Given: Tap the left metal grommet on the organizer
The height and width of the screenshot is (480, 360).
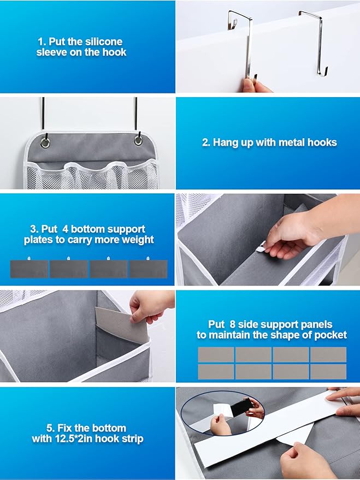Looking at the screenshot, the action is (x=45, y=143).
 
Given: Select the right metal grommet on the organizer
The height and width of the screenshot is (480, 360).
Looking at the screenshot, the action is (x=138, y=140).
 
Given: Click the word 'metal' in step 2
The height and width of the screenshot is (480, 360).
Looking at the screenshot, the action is (x=287, y=143).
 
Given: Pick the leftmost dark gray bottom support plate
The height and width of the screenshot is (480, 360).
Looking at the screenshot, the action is (x=29, y=269).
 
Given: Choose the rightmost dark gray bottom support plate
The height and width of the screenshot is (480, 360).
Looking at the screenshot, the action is (x=149, y=269).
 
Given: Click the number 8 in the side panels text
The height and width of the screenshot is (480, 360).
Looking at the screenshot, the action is (x=233, y=324).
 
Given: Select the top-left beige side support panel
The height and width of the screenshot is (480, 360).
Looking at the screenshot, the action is (x=216, y=354).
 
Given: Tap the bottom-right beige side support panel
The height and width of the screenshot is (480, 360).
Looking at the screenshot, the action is (x=328, y=371).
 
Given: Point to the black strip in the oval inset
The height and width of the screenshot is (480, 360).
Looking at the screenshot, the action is (x=241, y=408).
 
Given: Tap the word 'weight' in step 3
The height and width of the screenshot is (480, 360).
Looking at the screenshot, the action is (x=138, y=240).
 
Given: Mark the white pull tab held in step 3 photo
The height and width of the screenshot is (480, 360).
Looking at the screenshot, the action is (x=261, y=247).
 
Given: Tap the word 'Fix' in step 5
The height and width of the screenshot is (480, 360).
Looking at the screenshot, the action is (x=64, y=428).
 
